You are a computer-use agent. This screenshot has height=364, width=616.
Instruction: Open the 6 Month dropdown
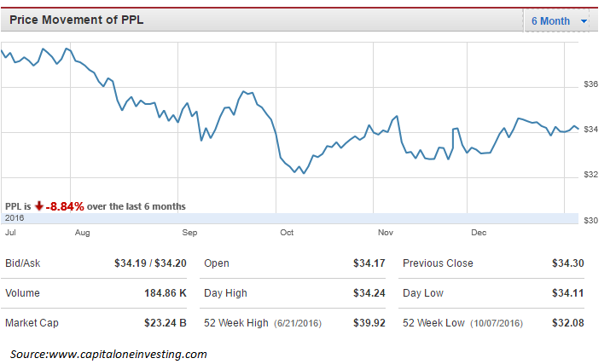558,20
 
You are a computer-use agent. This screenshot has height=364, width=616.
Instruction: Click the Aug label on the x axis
83,232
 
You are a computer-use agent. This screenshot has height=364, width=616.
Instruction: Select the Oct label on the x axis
287,232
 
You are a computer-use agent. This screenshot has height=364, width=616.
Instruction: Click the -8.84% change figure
65,206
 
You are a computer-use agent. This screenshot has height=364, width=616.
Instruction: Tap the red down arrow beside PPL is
39,206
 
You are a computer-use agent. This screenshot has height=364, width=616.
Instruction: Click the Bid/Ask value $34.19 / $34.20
151,263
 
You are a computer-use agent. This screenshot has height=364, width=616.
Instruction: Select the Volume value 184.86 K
165,293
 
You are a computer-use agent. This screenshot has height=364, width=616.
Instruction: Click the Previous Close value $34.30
567,263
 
